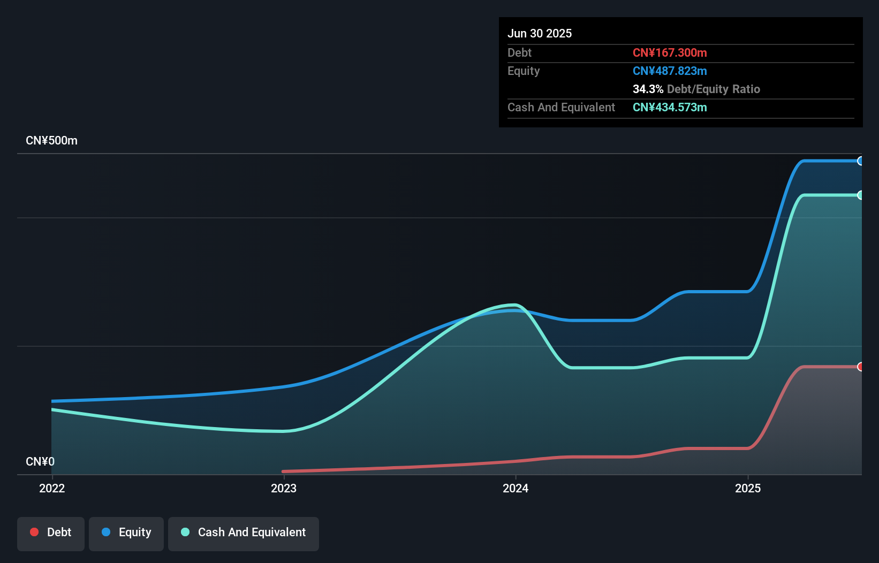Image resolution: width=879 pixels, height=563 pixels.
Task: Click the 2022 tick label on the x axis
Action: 52,488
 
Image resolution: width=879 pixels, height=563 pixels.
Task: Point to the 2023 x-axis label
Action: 284,488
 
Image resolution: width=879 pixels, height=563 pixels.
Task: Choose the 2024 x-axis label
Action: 516,488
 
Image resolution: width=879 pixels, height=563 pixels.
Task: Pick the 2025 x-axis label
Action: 748,488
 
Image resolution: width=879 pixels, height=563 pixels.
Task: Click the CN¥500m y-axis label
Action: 51,141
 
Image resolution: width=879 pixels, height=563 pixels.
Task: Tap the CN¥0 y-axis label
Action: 40,461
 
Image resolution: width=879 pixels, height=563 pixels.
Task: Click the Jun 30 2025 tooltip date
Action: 540,33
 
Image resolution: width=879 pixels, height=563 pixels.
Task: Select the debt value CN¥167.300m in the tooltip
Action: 670,52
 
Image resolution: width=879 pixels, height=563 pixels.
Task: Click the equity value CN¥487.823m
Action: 670,71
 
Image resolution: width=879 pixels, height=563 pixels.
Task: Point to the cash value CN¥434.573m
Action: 670,107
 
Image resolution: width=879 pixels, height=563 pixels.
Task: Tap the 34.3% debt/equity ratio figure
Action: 648,89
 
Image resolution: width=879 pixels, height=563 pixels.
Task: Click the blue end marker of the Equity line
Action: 860,161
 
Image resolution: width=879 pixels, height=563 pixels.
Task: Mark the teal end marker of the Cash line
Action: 860,195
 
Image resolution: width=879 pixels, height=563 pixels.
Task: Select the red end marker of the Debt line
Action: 860,367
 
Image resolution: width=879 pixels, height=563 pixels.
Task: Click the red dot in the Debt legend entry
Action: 34,532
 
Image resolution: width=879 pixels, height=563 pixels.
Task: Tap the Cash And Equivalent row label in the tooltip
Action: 561,107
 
